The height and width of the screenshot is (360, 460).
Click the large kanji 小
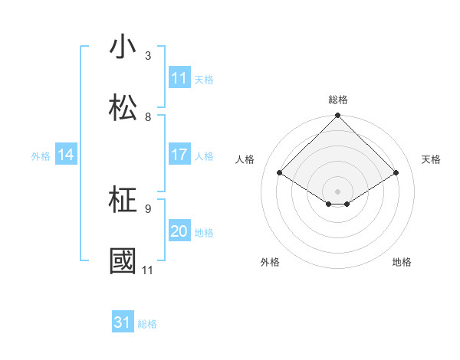(123, 47)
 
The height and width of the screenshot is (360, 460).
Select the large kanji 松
(123, 108)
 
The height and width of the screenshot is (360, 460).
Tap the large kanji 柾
(123, 201)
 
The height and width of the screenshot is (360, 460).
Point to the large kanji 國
(123, 261)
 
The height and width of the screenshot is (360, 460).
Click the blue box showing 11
(179, 78)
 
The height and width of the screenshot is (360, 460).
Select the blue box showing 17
(179, 155)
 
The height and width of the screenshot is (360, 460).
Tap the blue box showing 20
(179, 231)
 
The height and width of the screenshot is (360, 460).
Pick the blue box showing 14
(66, 155)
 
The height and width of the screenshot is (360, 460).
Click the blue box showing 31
(123, 322)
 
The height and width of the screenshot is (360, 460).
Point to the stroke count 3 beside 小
(148, 56)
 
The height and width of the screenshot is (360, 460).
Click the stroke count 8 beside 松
(148, 117)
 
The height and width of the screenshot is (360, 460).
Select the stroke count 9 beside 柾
(148, 208)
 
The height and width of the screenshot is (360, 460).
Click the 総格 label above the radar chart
(338, 100)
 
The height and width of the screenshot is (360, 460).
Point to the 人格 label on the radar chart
(245, 159)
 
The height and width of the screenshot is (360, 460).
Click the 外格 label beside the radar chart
(270, 262)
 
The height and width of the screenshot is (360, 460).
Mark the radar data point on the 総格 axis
(337, 116)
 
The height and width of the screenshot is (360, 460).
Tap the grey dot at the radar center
(337, 190)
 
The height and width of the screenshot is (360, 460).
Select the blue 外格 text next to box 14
(41, 155)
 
